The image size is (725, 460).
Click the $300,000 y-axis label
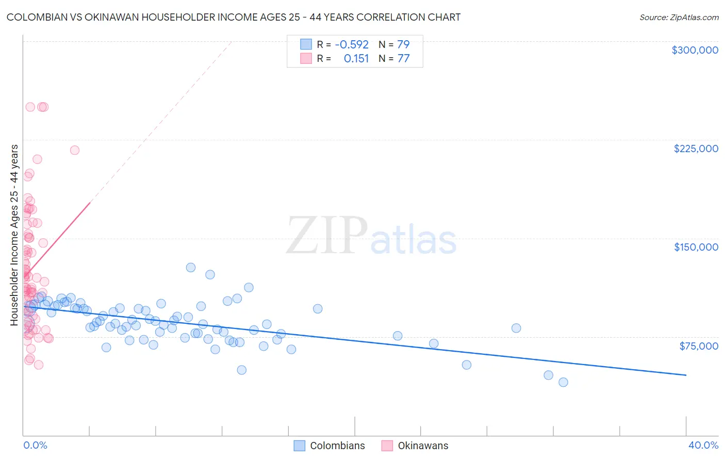[x=695, y=50]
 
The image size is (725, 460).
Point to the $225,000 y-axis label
[x=696, y=149]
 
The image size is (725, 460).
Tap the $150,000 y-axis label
[x=696, y=247]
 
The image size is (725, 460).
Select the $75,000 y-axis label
[x=698, y=346]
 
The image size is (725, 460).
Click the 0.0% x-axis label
[x=35, y=445]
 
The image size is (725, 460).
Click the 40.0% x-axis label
[x=703, y=445]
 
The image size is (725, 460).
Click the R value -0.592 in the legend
[x=352, y=45]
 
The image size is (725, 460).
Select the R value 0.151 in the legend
[x=356, y=59]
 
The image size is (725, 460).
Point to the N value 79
[x=403, y=45]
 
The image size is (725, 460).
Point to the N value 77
[x=403, y=59]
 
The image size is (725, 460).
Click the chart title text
[x=234, y=17]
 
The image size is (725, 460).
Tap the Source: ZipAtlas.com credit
[x=679, y=17]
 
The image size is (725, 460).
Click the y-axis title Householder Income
[x=14, y=235]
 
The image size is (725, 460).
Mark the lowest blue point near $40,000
[x=563, y=382]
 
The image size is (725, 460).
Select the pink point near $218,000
[x=75, y=150]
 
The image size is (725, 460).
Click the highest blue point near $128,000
[x=191, y=267]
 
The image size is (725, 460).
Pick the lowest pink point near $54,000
[x=38, y=365]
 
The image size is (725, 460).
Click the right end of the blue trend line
[x=686, y=375]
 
